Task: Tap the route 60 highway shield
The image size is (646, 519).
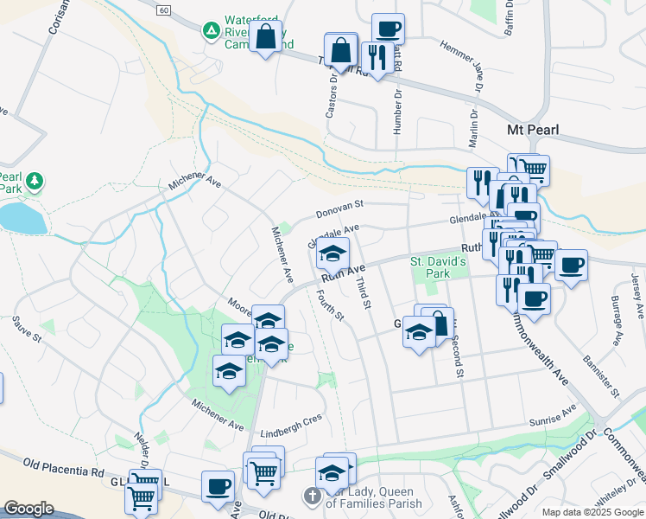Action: point(164,9)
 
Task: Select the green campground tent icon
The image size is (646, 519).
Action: point(210,31)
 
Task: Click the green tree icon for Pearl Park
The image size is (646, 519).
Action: point(35,181)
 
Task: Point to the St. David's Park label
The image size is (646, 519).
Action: point(438,267)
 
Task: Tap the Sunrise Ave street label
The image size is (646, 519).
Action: point(552,413)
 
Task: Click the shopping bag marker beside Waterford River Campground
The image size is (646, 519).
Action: point(265,37)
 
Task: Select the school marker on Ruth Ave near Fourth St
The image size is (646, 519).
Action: point(331,253)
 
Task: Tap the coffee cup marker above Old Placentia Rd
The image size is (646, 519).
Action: point(217,485)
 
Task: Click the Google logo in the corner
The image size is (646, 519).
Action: point(28,509)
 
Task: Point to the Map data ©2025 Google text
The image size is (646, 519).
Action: point(592,512)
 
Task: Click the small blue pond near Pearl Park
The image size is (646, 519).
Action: point(22,218)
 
